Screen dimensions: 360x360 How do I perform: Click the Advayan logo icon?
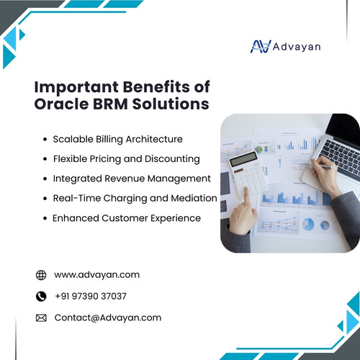pos(258,46)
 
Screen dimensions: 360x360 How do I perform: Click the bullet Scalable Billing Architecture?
pos(117,139)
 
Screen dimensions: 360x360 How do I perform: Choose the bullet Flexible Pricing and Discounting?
pos(126,158)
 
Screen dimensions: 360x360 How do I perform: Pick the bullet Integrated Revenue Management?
pos(132,178)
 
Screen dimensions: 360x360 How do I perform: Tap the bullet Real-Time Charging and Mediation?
pos(135,197)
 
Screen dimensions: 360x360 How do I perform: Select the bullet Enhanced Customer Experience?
pos(127,217)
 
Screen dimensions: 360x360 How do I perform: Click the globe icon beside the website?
pos(41,274)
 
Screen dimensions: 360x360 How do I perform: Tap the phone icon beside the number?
pos(41,296)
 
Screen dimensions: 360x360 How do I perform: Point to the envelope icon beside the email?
pos(41,318)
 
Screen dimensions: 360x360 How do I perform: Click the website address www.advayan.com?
pos(96,274)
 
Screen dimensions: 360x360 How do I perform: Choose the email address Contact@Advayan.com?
pos(107,318)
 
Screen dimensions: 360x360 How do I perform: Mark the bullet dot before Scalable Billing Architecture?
pos(45,139)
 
